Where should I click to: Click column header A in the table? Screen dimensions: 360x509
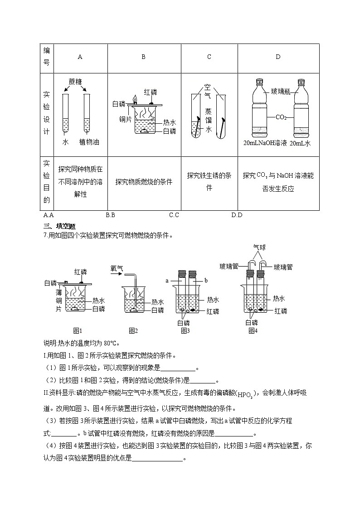point(80,57)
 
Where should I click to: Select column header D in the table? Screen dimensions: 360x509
point(278,57)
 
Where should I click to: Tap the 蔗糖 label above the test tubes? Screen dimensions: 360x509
point(76,82)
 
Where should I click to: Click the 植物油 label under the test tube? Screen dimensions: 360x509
point(89,142)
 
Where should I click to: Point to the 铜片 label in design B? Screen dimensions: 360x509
point(126,119)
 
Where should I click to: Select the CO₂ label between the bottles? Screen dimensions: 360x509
point(281,117)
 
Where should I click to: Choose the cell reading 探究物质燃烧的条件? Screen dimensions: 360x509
point(144,182)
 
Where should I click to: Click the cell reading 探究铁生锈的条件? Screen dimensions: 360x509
point(209,181)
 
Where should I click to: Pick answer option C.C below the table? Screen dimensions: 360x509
point(174,215)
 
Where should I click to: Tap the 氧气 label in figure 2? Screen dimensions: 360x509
point(117,269)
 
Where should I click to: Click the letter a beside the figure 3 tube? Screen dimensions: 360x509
point(167,281)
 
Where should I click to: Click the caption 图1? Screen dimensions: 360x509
point(78,330)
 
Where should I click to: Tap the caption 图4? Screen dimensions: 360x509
point(253,330)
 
